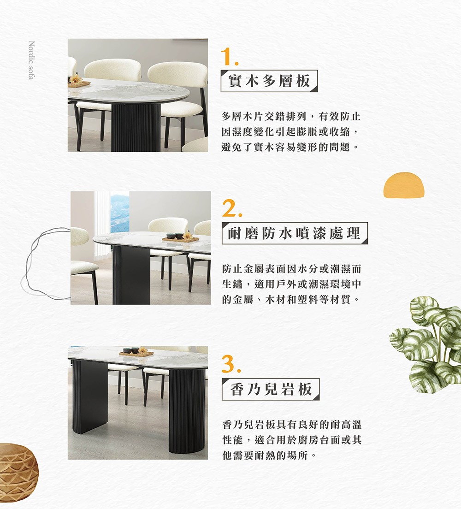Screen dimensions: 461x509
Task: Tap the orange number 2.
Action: click(232, 208)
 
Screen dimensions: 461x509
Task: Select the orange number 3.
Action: click(231, 364)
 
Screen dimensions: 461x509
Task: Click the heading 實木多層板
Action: click(269, 81)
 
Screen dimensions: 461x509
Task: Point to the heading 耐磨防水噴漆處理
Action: click(295, 233)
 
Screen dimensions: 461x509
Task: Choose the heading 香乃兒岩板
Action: click(271, 389)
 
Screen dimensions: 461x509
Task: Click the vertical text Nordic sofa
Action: click(31, 60)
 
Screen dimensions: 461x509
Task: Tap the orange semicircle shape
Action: click(404, 185)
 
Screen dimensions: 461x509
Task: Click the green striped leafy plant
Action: click(426, 344)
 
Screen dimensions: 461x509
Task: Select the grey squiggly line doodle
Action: click(46, 263)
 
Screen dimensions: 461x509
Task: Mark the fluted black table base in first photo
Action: click(136, 127)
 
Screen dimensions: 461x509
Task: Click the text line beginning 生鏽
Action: click(291, 284)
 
